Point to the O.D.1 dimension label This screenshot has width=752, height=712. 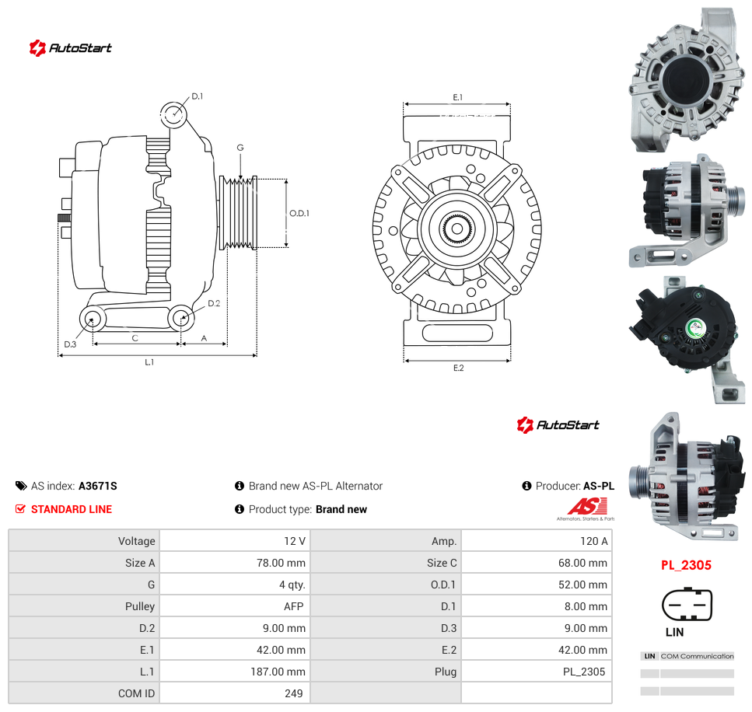pos(299,213)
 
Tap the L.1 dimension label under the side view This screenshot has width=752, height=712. pos(149,362)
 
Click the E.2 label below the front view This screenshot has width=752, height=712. pos(459,368)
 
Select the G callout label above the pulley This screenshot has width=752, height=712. pos(240,148)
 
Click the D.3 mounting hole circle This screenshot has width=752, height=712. pos(92,319)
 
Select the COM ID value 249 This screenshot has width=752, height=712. pos(293,693)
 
